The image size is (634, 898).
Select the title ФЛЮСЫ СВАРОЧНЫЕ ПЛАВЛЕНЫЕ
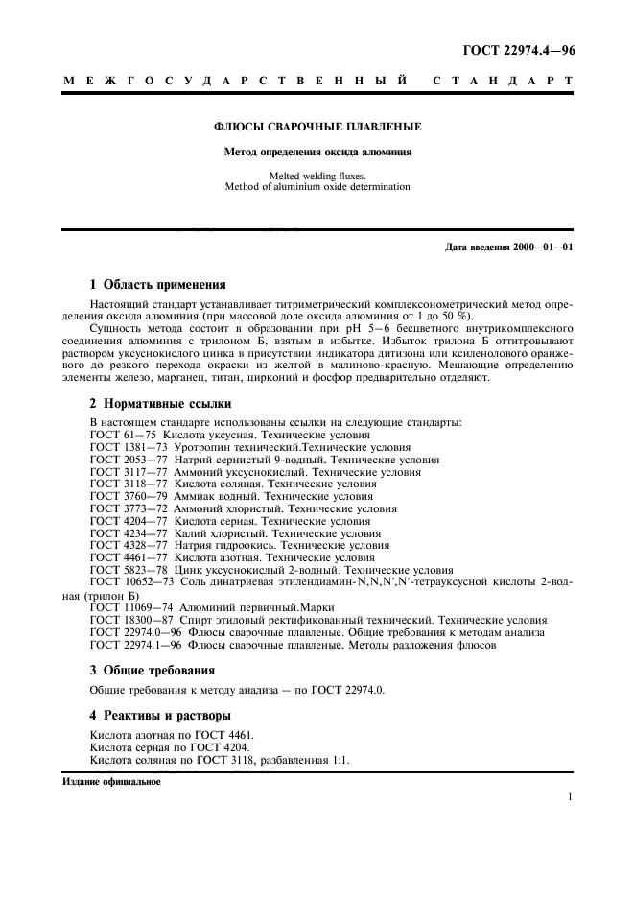pyautogui.click(x=317, y=126)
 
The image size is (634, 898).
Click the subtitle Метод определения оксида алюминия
pyautogui.click(x=317, y=152)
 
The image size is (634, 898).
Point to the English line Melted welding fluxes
pyautogui.click(x=317, y=176)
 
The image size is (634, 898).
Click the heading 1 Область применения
pyautogui.click(x=157, y=284)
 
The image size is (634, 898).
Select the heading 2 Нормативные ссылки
pyautogui.click(x=160, y=404)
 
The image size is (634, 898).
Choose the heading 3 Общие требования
pyautogui.click(x=152, y=670)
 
